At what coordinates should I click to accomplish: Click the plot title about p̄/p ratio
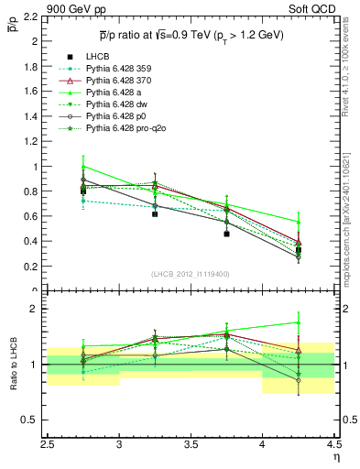(x=192, y=35)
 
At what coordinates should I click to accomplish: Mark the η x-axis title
(x=335, y=456)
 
